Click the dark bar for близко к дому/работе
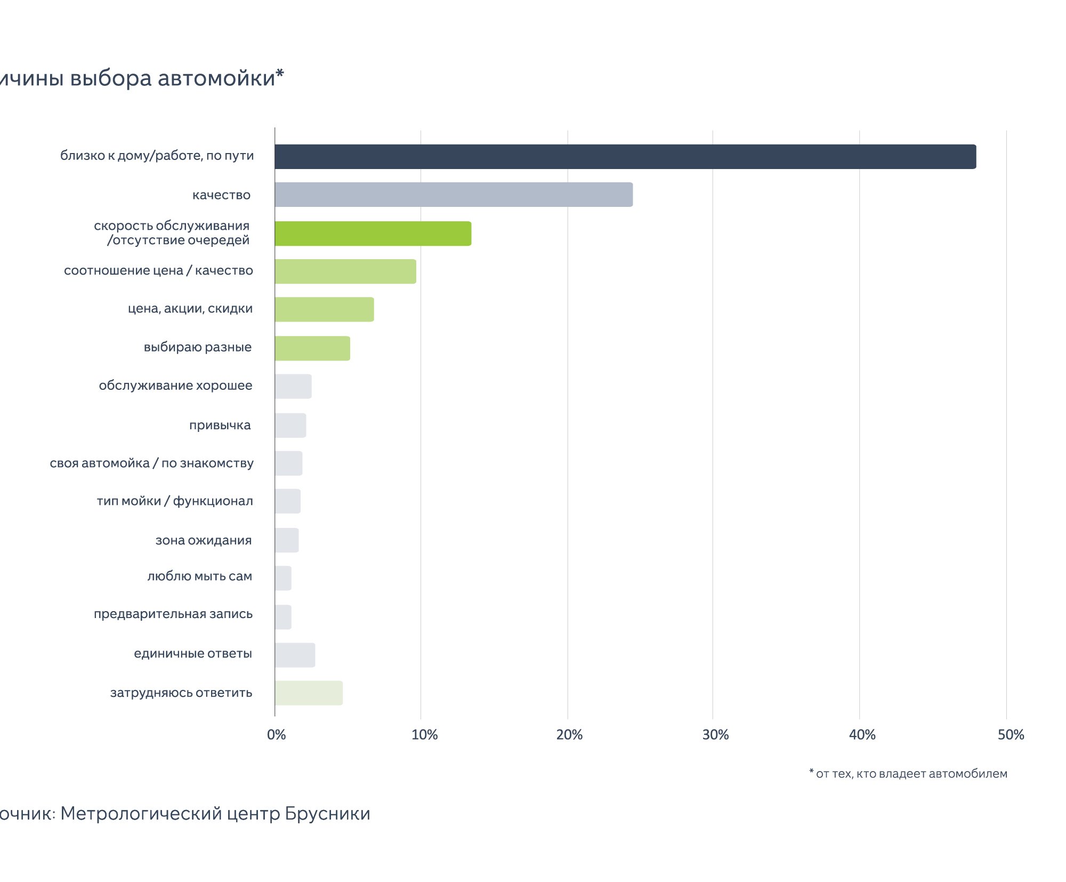625,157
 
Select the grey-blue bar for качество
454,195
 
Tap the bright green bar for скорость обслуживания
373,234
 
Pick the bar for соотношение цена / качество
345,271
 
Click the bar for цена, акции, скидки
324,309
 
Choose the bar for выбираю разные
312,348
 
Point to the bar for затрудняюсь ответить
309,693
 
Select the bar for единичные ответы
295,655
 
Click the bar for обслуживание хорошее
293,387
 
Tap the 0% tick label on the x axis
276,735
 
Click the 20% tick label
569,735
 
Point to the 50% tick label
1011,735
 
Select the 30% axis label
715,735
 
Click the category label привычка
220,426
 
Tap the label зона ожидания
203,541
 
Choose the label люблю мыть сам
199,576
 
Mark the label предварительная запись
173,614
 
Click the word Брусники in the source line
327,813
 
